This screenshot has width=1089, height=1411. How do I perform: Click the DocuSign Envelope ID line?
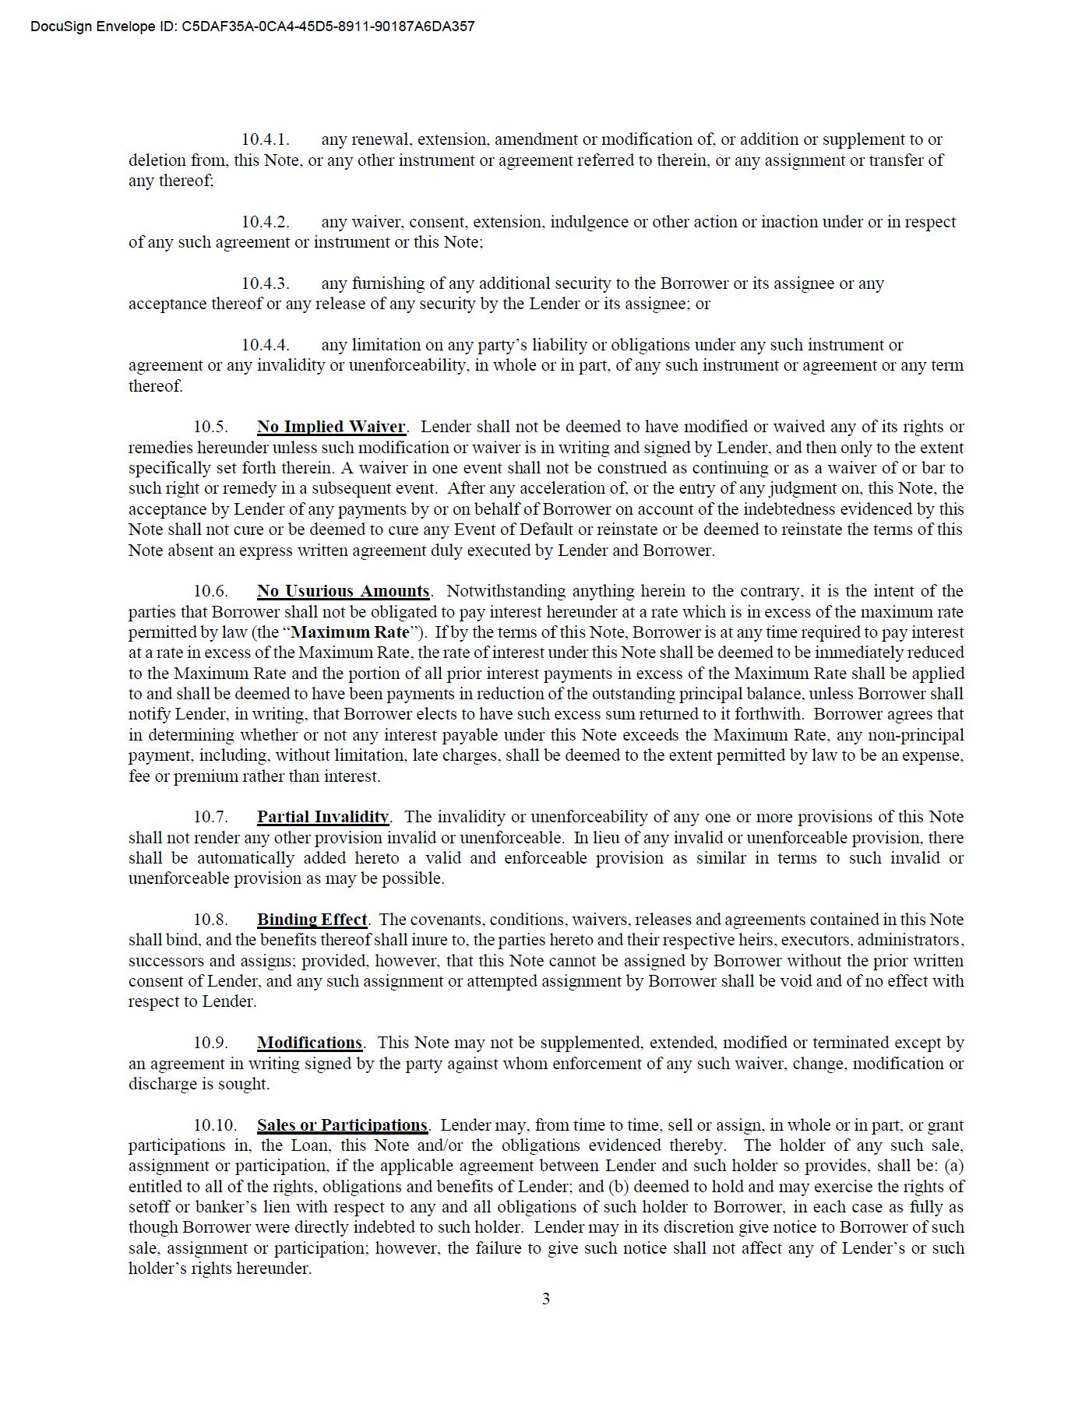pyautogui.click(x=252, y=26)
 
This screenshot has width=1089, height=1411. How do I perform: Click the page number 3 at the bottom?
pyautogui.click(x=545, y=1298)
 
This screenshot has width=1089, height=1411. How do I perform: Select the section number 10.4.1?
pyautogui.click(x=265, y=139)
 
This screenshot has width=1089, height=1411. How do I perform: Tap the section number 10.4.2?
pyautogui.click(x=265, y=222)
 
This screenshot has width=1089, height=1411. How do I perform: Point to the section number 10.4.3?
pyautogui.click(x=265, y=283)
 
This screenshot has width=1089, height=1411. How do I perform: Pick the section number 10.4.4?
pyautogui.click(x=265, y=345)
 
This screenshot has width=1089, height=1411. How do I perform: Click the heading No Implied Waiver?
pyautogui.click(x=331, y=427)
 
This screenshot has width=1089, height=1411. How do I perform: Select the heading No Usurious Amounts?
pyautogui.click(x=343, y=591)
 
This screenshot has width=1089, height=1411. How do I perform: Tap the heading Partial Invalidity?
pyautogui.click(x=322, y=817)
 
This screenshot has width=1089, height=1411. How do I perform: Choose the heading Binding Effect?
pyautogui.click(x=312, y=920)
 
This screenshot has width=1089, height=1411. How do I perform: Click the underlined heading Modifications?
pyautogui.click(x=309, y=1043)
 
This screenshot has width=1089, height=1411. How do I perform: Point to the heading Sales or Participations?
pyautogui.click(x=342, y=1125)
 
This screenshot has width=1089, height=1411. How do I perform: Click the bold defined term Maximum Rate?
pyautogui.click(x=350, y=632)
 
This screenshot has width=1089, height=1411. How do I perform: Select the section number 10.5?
pyautogui.click(x=210, y=427)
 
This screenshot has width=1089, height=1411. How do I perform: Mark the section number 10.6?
pyautogui.click(x=210, y=591)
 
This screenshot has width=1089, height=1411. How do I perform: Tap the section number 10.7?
pyautogui.click(x=210, y=817)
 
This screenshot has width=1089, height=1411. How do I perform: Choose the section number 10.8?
pyautogui.click(x=210, y=920)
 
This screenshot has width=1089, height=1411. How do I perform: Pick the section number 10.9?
pyautogui.click(x=210, y=1043)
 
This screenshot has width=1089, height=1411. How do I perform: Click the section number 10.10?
pyautogui.click(x=215, y=1125)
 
